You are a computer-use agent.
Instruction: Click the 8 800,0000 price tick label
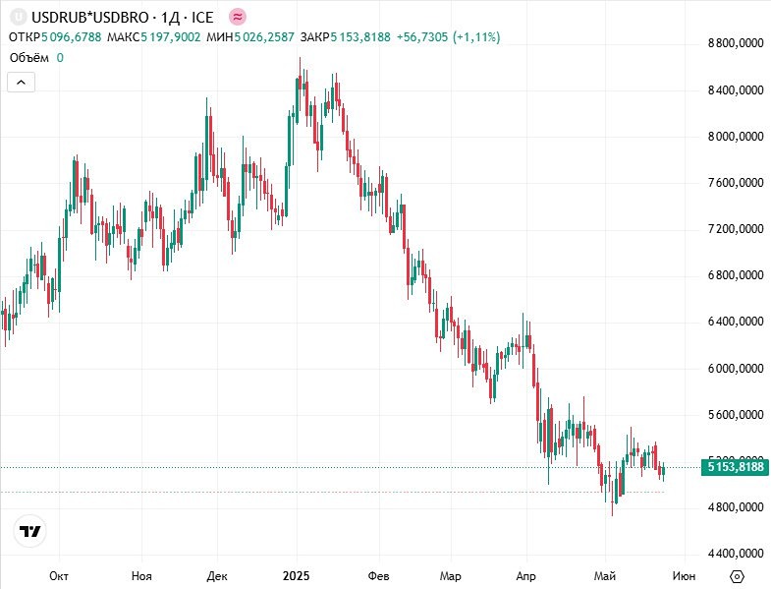tap(735, 44)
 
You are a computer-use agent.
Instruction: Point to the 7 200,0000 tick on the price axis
tap(735, 229)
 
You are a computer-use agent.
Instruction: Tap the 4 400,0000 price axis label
tap(735, 554)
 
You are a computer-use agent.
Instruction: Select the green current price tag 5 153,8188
tap(735, 468)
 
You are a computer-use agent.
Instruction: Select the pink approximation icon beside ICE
tap(239, 17)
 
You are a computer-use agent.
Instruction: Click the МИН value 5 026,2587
tap(265, 37)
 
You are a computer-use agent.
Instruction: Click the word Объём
tap(29, 58)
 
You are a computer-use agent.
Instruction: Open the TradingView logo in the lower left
tap(31, 532)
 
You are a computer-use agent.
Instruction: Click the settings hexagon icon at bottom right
tap(738, 575)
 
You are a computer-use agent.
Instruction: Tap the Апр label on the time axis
tap(525, 575)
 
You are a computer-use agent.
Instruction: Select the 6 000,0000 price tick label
tap(735, 369)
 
